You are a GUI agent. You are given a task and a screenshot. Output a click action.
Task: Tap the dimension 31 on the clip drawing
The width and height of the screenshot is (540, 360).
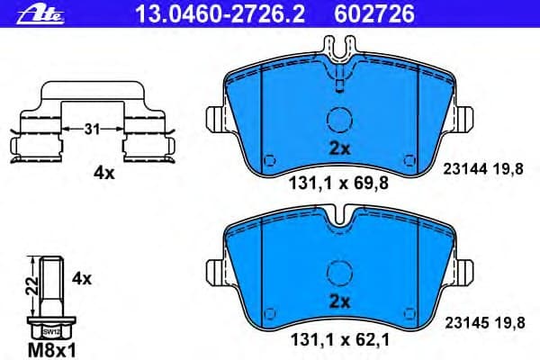click(91, 130)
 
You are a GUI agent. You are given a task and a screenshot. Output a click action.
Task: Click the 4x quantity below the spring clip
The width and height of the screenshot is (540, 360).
click(104, 174)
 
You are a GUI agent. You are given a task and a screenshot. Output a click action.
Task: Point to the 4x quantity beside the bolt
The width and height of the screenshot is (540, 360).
click(81, 278)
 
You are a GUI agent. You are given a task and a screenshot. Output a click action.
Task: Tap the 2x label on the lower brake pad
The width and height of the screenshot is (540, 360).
click(338, 300)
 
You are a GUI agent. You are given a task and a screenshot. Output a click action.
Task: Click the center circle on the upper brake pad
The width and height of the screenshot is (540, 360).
click(338, 121)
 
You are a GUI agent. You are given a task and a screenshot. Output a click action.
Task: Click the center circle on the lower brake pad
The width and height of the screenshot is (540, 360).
click(338, 272)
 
